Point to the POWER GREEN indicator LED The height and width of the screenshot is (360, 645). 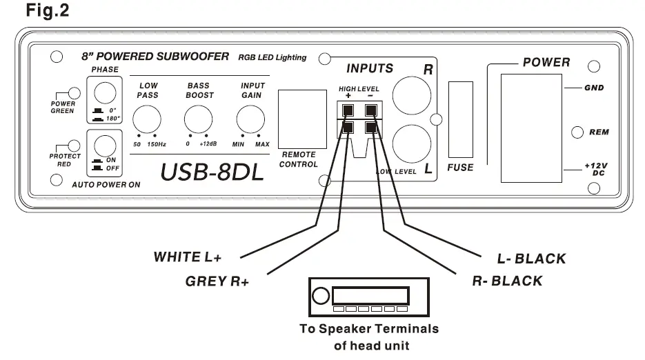click(73, 93)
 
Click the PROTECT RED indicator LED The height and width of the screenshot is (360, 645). click(74, 146)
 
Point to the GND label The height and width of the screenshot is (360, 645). click(594, 88)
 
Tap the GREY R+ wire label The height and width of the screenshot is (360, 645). click(217, 281)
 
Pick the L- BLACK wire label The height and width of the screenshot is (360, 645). click(531, 259)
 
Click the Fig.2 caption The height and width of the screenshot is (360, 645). click(47, 12)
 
